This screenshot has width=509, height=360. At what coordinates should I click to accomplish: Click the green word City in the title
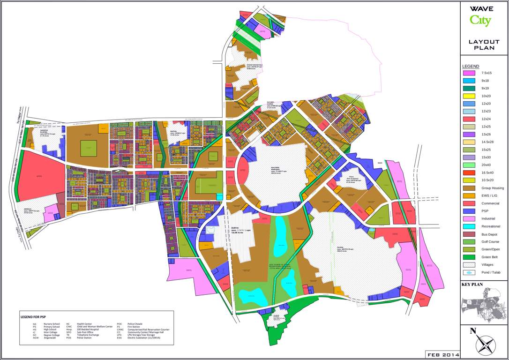(x=480, y=20)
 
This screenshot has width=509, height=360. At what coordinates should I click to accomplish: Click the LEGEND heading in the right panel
(x=471, y=66)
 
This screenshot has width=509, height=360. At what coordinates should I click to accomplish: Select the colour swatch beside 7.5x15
(x=469, y=73)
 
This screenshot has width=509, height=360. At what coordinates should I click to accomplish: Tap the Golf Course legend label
(x=490, y=241)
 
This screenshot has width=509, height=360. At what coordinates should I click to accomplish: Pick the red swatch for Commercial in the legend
(x=469, y=203)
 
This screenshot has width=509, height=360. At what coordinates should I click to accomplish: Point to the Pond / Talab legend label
(x=492, y=272)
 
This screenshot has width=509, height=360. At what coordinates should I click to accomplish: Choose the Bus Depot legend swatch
(x=469, y=234)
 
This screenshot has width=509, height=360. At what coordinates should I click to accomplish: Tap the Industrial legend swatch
(x=469, y=218)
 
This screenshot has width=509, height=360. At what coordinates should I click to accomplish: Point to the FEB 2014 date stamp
(x=442, y=353)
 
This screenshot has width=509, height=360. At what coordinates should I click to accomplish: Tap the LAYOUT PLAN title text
(x=484, y=45)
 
